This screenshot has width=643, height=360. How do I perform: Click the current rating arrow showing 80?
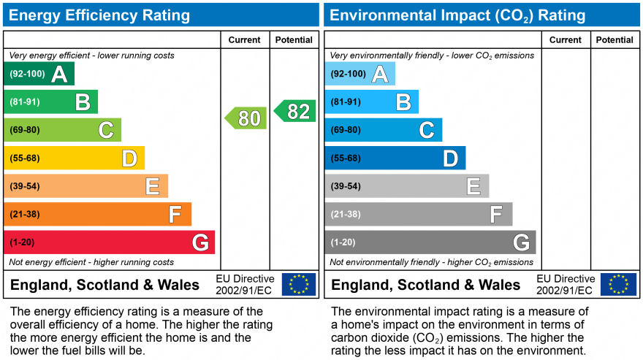coord(246,118)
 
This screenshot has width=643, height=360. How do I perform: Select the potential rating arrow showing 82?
coord(295,111)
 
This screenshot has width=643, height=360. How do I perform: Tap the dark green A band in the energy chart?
coord(39,74)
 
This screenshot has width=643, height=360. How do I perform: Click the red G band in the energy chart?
coord(109,242)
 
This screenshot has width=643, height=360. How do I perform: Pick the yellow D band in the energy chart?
coord(74,158)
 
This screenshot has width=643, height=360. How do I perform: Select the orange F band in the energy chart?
coord(97,215)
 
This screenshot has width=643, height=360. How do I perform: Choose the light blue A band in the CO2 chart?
coord(359,74)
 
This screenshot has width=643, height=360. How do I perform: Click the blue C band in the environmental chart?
coord(383,130)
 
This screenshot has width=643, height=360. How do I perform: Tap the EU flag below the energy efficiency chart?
coord(299,284)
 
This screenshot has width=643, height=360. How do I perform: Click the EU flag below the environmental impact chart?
coord(618,284)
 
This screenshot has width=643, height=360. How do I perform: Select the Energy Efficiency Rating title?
coord(99,15)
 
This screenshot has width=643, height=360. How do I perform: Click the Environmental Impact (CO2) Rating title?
coord(457,15)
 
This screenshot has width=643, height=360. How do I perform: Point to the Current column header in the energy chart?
coord(245,40)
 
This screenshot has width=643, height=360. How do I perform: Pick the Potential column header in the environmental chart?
coord(615,40)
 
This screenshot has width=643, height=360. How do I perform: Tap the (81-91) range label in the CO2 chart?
coord(346,102)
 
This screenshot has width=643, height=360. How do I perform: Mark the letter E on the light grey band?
coord(473,186)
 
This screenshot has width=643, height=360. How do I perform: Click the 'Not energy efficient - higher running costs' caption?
coord(91,262)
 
